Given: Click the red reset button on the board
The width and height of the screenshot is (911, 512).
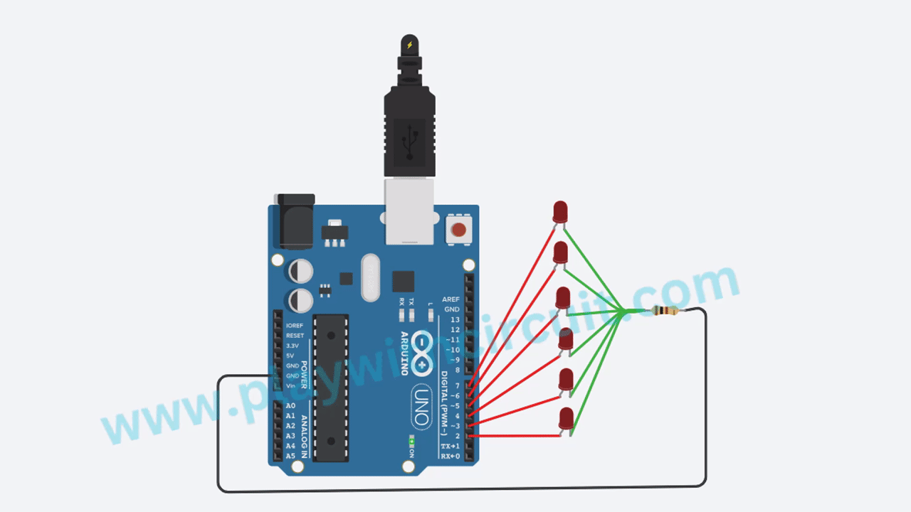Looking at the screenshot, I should [459, 230].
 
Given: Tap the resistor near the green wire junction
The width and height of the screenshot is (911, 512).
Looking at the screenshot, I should [664, 311].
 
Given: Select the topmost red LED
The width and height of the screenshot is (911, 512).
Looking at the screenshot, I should [560, 212].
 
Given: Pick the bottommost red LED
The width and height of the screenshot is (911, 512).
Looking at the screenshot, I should [567, 418].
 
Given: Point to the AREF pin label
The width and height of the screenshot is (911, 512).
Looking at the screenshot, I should [451, 299].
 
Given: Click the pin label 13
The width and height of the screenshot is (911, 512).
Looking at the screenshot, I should [455, 320].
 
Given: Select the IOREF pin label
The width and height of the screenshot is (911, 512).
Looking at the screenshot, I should [294, 326].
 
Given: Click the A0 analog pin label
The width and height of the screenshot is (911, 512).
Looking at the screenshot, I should [290, 405].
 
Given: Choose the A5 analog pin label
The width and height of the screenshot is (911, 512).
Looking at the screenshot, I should [290, 456].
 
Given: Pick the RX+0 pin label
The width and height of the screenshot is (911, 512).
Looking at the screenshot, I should [450, 456].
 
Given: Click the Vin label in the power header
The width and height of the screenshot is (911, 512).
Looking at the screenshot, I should [290, 385].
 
